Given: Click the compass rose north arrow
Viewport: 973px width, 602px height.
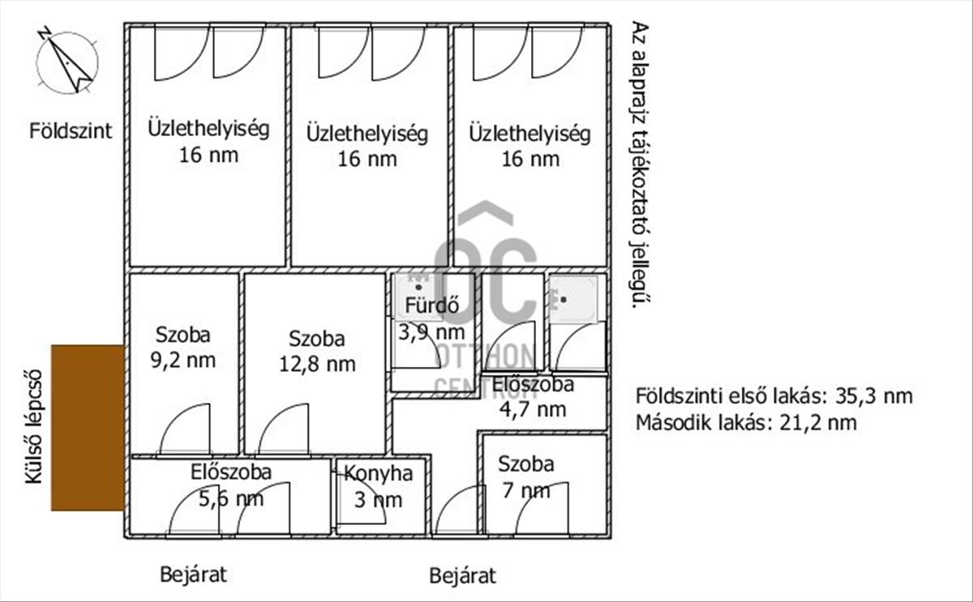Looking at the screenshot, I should [66, 62].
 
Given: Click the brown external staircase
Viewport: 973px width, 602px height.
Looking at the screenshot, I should [88, 427].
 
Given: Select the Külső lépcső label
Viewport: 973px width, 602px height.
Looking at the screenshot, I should [32, 428].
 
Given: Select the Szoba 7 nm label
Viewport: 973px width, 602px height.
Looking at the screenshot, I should [526, 476].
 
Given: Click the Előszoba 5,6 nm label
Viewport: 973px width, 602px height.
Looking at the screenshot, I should [231, 485].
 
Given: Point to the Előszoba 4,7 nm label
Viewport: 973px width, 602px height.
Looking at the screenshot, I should [534, 396].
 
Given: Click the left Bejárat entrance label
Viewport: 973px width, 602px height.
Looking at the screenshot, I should [193, 575].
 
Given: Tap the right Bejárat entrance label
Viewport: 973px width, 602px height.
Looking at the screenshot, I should [462, 576].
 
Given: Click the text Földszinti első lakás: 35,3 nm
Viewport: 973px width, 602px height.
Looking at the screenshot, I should [774, 396].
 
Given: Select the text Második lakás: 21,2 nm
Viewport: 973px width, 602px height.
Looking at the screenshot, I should [746, 421].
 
